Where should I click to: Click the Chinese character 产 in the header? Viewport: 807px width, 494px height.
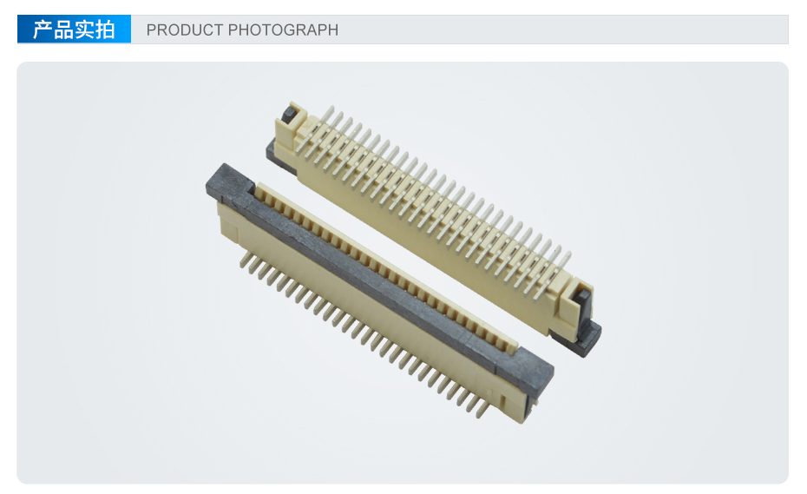(43, 30)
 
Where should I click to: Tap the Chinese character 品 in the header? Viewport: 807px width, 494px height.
(64, 30)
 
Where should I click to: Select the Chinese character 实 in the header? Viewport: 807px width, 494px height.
(84, 30)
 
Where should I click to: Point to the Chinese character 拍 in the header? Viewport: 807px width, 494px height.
(105, 30)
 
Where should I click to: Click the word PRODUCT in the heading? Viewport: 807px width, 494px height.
(185, 30)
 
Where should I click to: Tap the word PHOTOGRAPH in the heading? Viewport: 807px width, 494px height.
(283, 30)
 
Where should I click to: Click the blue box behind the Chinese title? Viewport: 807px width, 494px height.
(74, 29)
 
